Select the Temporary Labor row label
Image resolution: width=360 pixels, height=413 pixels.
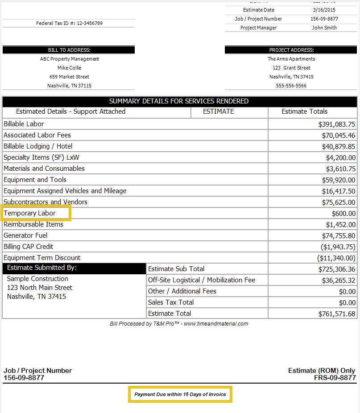click(x=30, y=213)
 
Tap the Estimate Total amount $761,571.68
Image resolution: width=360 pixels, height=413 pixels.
click(x=337, y=314)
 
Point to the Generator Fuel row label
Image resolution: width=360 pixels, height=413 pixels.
click(x=25, y=235)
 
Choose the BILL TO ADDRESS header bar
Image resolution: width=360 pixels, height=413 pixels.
click(x=69, y=50)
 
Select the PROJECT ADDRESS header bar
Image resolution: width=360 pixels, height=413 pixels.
click(x=291, y=50)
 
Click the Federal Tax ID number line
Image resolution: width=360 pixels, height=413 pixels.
click(x=69, y=23)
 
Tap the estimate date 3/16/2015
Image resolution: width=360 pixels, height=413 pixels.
click(x=324, y=10)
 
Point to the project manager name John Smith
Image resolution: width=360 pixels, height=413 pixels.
click(x=324, y=28)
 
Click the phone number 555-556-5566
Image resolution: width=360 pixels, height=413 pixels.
click(x=291, y=86)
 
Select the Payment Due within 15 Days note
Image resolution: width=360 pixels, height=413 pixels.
click(x=180, y=394)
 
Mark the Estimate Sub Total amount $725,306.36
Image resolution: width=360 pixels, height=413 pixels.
click(x=337, y=269)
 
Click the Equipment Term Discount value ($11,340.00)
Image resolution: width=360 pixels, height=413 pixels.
click(x=336, y=258)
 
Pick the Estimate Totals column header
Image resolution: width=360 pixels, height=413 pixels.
click(x=305, y=112)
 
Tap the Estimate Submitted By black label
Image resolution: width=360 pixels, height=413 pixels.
click(x=42, y=268)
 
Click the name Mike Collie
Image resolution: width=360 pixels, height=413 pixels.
click(x=69, y=68)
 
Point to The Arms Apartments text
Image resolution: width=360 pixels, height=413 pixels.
click(x=291, y=59)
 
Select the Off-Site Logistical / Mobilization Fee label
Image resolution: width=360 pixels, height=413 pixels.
click(x=202, y=280)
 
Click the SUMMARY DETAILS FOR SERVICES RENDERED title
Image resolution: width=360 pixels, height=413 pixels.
click(x=179, y=101)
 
